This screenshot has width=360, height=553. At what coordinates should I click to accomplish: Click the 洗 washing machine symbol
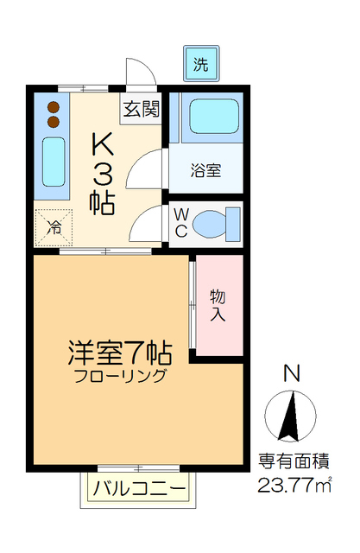pos(200,63)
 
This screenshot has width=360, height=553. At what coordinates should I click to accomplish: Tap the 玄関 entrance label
pos(140,111)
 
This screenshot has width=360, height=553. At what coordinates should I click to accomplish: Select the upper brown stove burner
pos(54,107)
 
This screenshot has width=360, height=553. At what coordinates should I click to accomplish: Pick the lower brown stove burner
pos(54,123)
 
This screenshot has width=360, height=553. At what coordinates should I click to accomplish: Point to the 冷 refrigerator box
pos(54,228)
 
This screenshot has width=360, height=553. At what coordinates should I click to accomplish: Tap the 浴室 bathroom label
pos(206,170)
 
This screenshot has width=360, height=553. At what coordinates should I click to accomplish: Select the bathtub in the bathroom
pos(212,118)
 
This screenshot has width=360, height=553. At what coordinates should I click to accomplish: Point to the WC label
pos(182,223)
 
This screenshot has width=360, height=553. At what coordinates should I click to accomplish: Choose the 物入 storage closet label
pos(217,304)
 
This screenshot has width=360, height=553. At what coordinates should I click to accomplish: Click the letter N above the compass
pos(292,374)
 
